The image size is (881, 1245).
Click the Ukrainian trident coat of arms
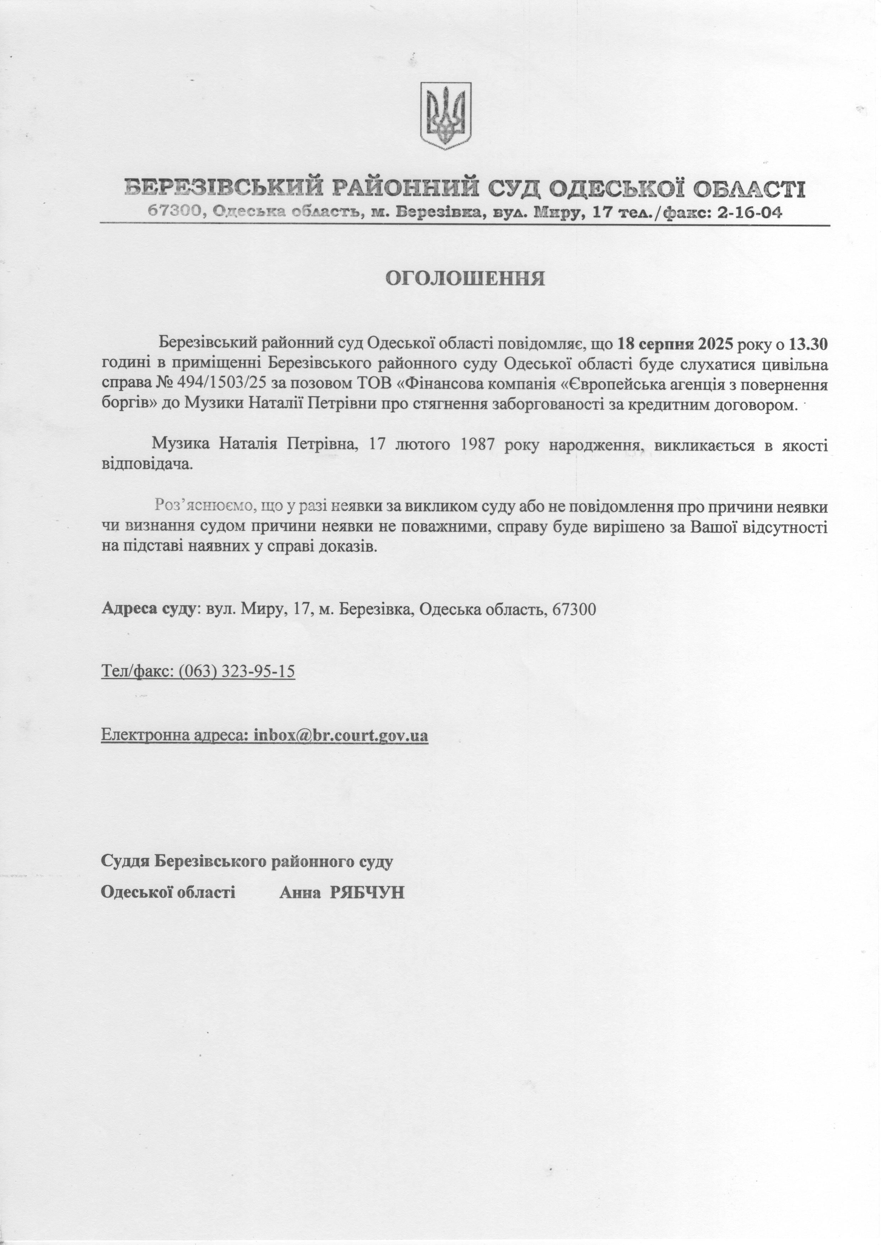click(446, 115)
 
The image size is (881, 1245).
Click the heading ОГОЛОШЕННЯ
click(465, 278)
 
